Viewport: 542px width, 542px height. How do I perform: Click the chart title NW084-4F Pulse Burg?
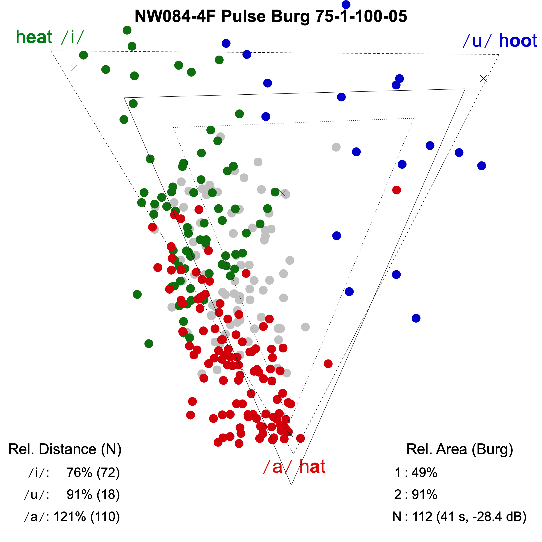pos(271,16)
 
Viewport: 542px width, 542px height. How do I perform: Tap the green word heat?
pos(34,37)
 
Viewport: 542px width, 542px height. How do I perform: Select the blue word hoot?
pos(518,41)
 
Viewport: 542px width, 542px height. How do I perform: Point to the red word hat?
pos(312,467)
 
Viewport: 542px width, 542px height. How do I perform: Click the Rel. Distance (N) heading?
pos(65,449)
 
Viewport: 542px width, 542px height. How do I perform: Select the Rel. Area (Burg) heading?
pos(460,449)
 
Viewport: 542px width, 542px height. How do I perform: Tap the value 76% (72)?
pos(93,473)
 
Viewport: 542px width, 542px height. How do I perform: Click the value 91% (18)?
pos(93,495)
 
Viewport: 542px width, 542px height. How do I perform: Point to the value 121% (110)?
pos(87,516)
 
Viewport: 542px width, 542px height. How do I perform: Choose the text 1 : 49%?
pos(416,473)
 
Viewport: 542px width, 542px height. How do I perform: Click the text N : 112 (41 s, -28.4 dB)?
pos(459,516)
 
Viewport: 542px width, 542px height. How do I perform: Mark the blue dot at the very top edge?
pos(346,5)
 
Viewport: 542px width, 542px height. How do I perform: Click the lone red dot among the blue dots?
pos(396,190)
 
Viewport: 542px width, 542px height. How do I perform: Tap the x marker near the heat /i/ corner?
pos(74,68)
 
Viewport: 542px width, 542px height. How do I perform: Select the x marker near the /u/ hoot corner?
pos(483,79)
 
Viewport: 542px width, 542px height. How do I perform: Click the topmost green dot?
pos(127,30)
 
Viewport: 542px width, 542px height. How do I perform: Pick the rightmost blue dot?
pos(481,166)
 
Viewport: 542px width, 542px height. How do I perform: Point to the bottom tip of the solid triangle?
pos(292,484)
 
